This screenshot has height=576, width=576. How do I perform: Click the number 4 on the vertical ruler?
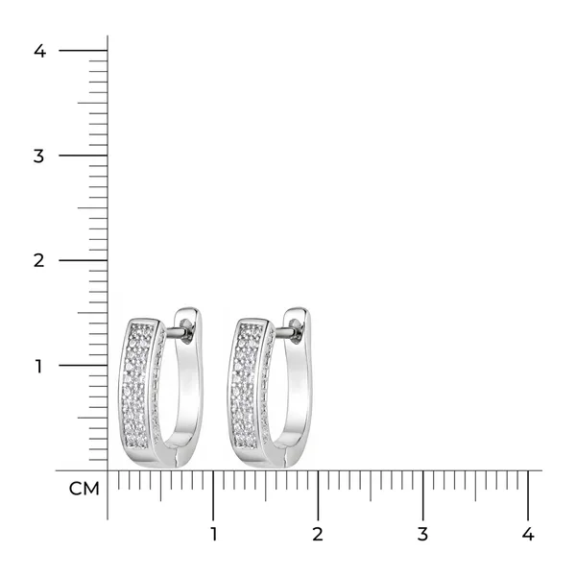tap(39, 51)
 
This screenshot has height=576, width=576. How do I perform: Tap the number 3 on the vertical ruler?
tap(38, 156)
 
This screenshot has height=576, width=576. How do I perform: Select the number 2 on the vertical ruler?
tap(39, 260)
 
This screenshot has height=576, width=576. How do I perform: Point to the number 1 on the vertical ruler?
tap(38, 366)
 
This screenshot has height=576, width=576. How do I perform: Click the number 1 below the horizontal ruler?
tap(213, 534)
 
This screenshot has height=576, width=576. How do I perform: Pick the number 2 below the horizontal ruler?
tap(318, 534)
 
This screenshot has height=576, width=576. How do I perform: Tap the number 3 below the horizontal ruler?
tap(422, 534)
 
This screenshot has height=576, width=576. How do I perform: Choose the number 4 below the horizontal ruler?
tap(527, 534)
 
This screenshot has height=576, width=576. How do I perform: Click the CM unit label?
tap(84, 489)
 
